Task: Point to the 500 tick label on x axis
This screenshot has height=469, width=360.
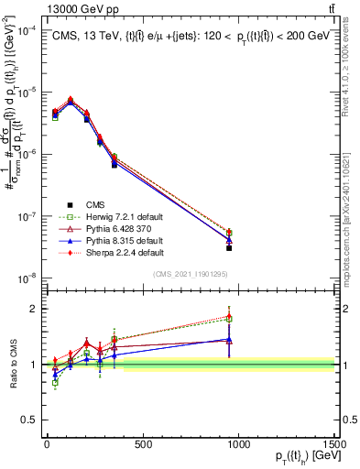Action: pos(142,445)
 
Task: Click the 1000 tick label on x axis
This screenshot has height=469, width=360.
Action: pos(238,445)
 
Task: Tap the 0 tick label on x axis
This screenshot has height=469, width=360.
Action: pos(47,445)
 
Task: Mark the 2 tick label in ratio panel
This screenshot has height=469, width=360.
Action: pos(33,309)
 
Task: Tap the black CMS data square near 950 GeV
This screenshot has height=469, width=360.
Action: pos(229,248)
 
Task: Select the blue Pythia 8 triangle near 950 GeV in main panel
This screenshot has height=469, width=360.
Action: pos(229,240)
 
